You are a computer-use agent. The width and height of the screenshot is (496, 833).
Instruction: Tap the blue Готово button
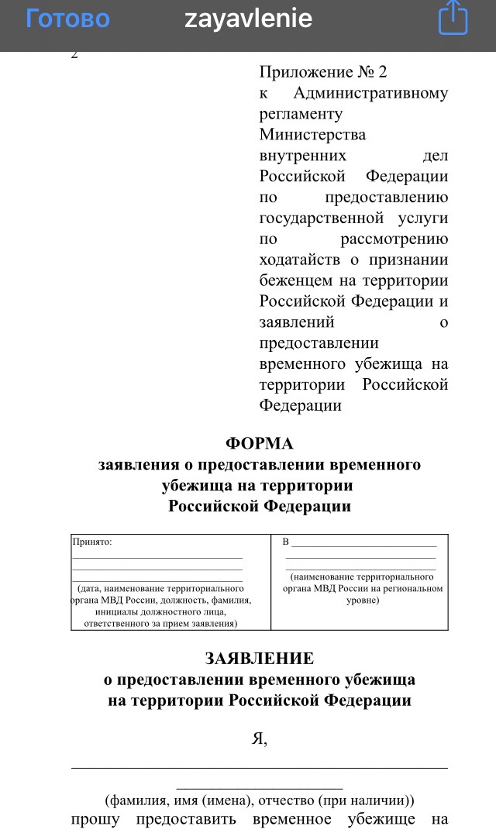(67, 19)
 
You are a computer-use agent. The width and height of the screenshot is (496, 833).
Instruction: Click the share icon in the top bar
(453, 19)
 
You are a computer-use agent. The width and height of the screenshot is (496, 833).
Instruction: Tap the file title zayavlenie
(248, 19)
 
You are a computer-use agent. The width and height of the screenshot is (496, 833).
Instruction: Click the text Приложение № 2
(322, 72)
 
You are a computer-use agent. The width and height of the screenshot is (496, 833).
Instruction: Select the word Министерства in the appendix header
(312, 135)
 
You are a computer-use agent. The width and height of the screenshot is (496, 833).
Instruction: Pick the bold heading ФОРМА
(259, 443)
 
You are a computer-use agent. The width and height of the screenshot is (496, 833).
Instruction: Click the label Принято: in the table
(92, 542)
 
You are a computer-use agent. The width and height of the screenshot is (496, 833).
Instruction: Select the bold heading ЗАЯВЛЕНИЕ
(259, 659)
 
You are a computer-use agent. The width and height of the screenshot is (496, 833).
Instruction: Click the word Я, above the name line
(260, 738)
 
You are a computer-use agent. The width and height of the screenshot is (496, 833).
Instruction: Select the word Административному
(370, 93)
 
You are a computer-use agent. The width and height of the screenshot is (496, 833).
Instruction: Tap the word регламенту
(301, 114)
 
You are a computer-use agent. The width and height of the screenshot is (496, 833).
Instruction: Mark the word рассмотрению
(394, 239)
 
